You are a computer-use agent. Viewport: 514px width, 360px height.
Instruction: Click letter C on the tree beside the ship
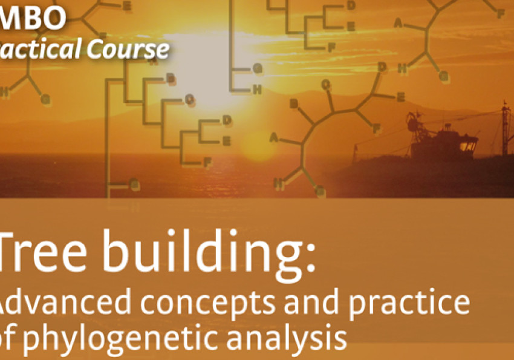coord(326,85)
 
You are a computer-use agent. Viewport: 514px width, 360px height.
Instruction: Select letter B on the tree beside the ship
coord(294,104)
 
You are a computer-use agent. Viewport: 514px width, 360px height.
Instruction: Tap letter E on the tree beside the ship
coord(400,97)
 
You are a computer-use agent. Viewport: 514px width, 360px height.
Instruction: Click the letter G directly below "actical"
coord(45,99)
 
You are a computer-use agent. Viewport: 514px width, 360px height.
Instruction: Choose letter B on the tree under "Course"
coord(171,78)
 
